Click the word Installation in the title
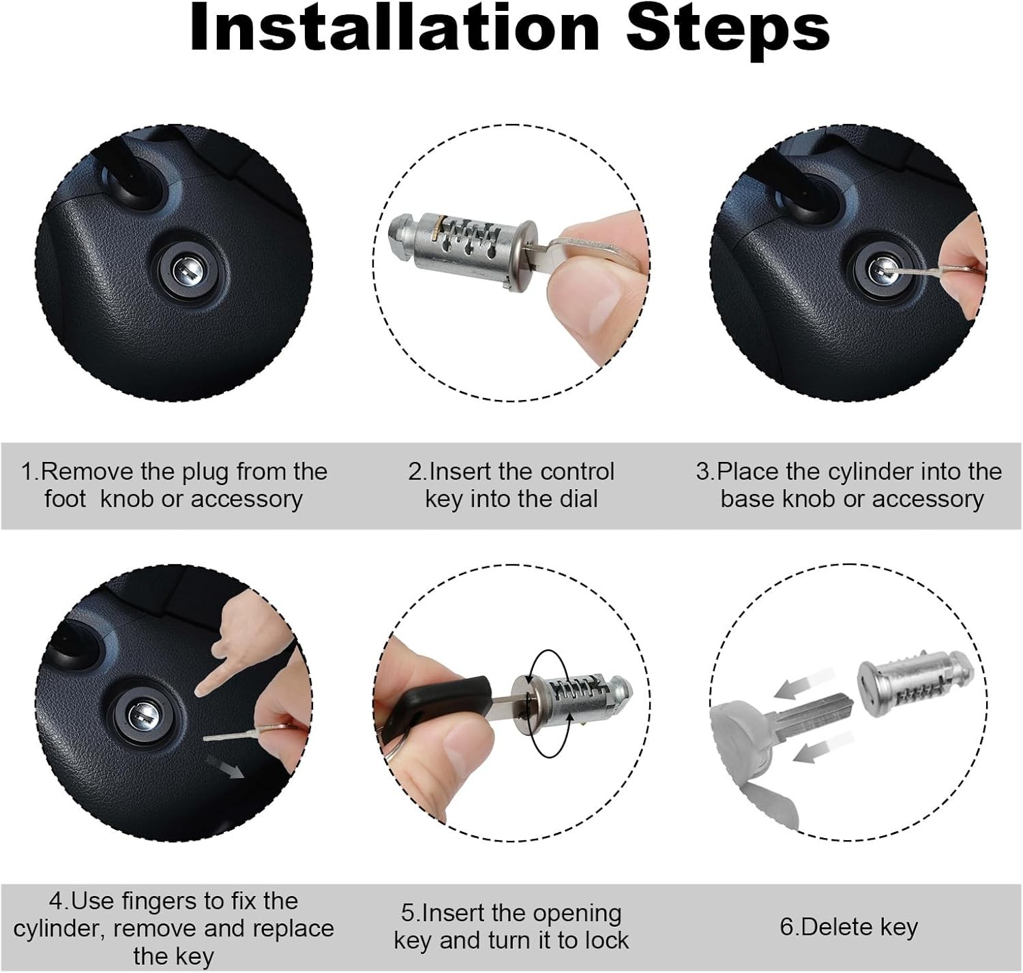(x=396, y=29)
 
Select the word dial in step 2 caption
(x=578, y=499)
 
